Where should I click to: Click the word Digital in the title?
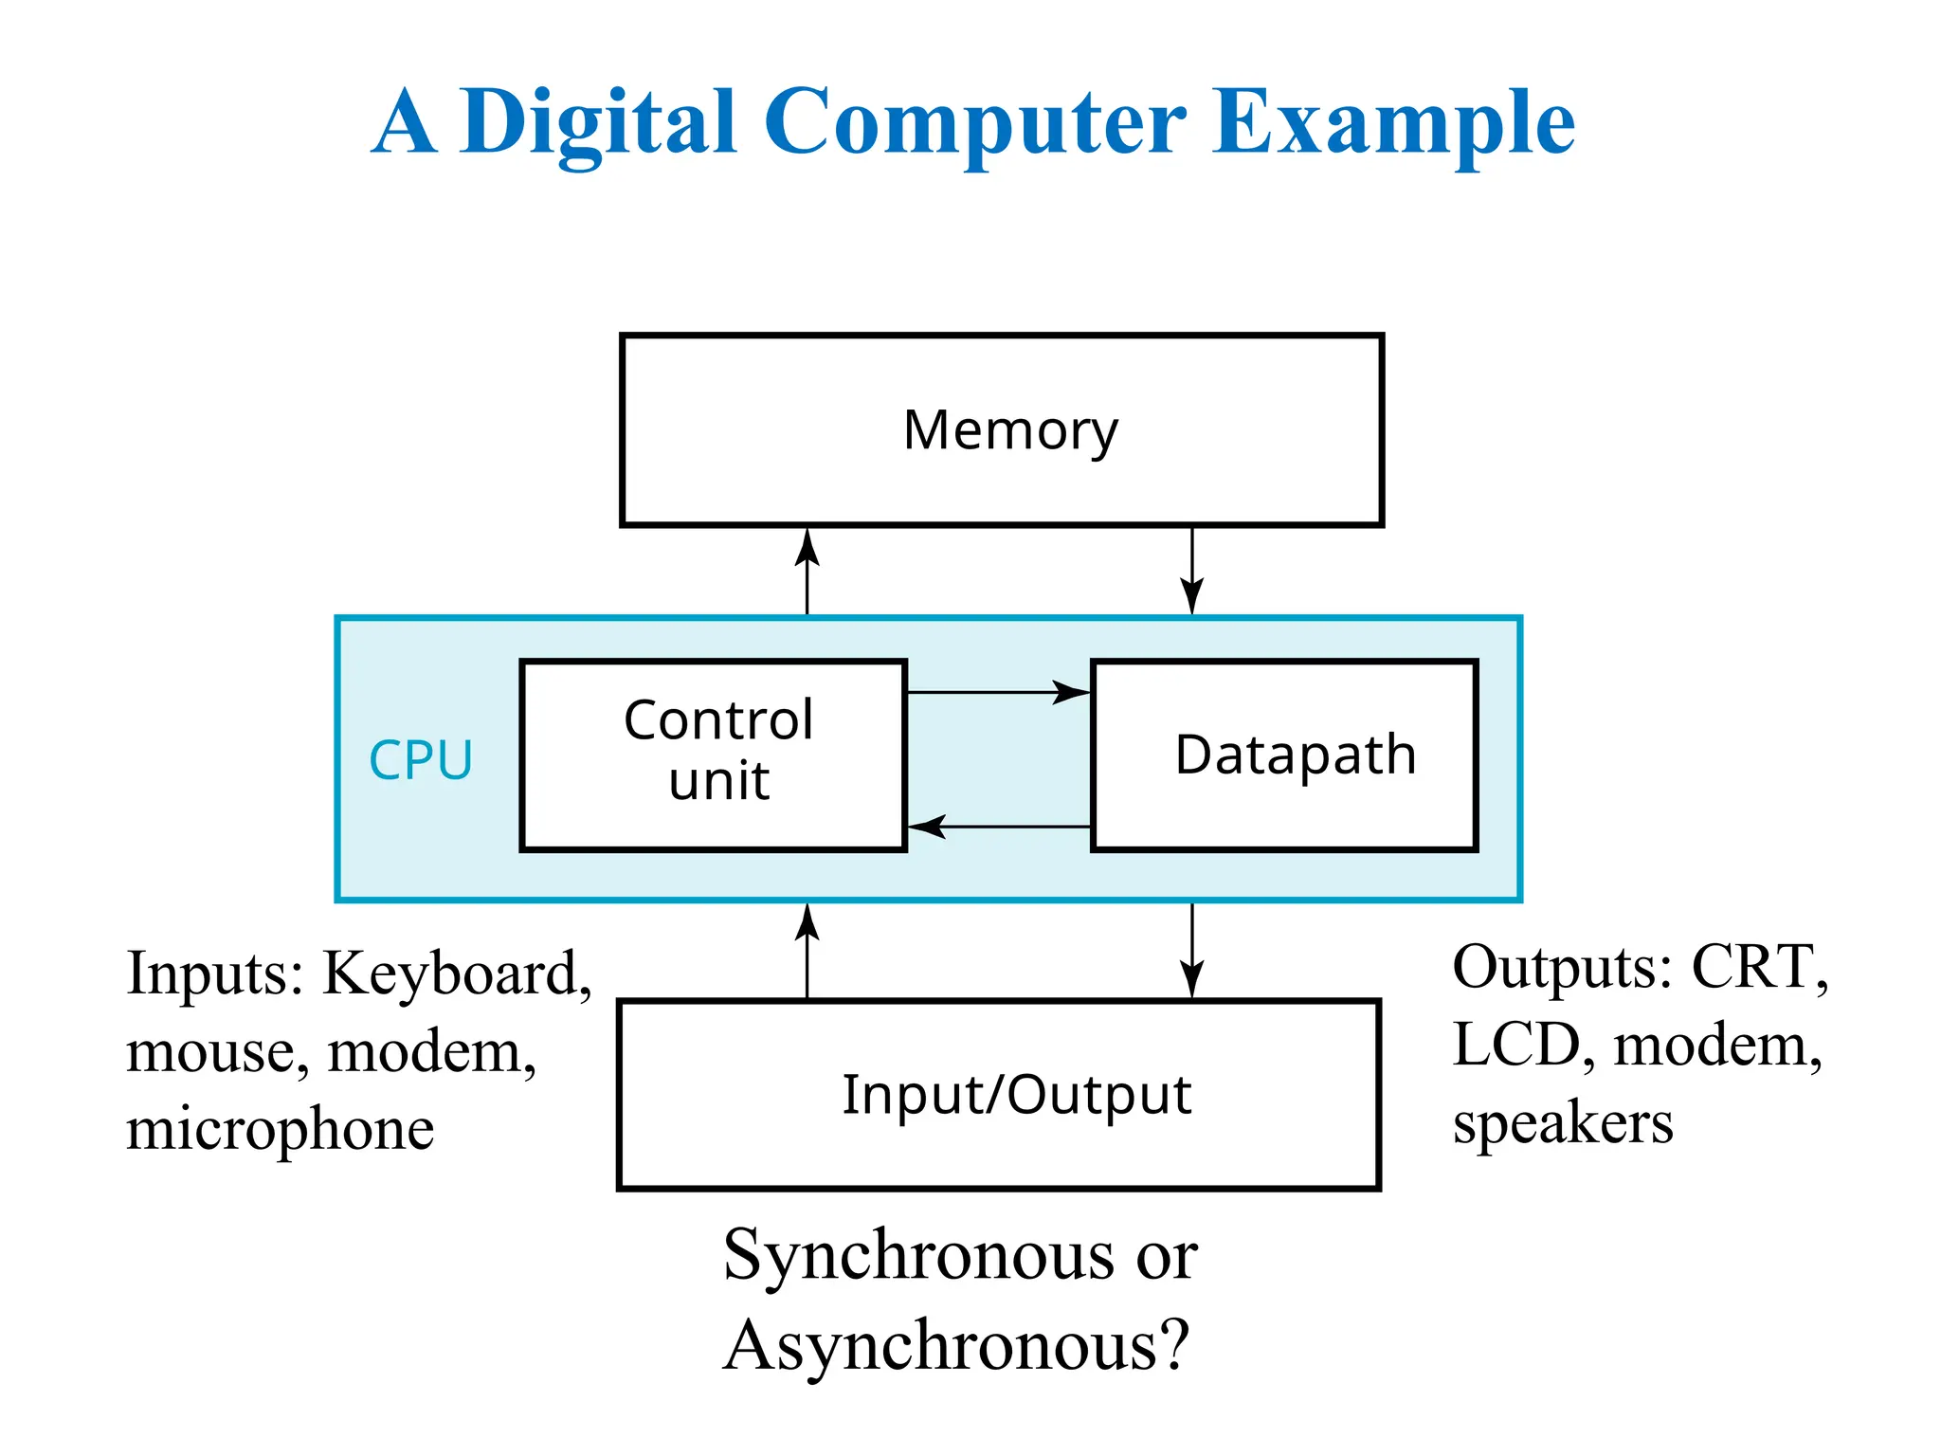599,123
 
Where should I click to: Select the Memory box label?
1010,431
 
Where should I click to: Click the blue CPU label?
421,760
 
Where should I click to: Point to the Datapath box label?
1295,755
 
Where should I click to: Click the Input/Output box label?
1016,1096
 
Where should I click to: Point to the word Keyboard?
456,974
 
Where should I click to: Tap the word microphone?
281,1130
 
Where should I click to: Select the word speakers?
1563,1125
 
